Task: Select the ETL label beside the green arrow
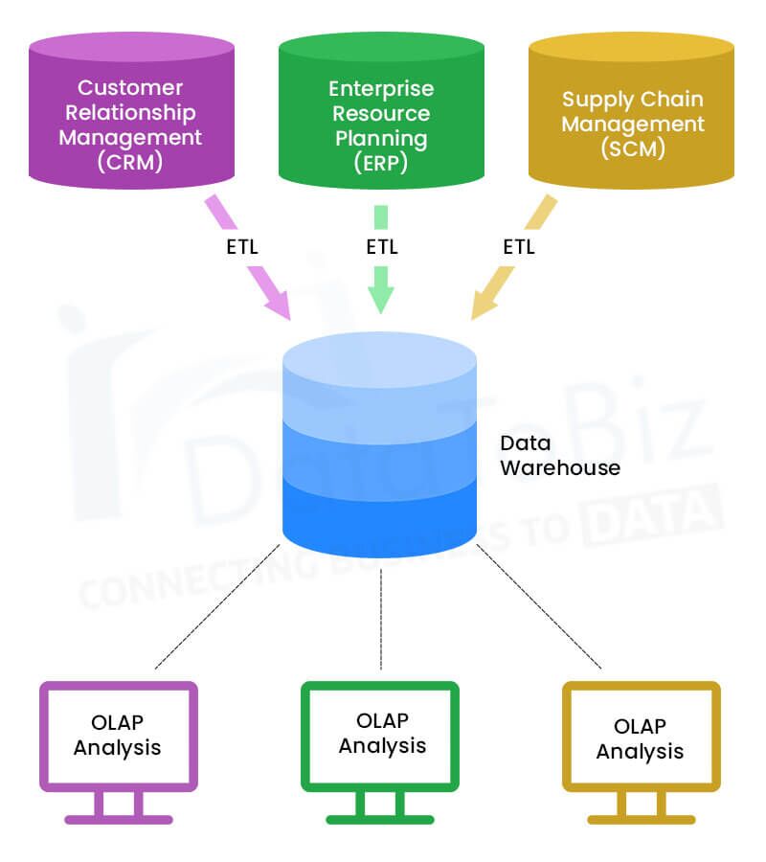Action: [x=382, y=247]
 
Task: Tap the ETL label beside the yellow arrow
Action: [x=519, y=247]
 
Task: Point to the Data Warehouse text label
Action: [x=560, y=456]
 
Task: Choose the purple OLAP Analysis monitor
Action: [x=118, y=743]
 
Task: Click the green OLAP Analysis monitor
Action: [x=381, y=743]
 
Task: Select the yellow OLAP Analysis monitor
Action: [x=640, y=743]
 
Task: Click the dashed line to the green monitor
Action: [x=381, y=619]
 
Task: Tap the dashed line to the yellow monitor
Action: [x=539, y=607]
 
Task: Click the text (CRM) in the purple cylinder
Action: [x=130, y=162]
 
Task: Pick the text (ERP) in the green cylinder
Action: [x=381, y=163]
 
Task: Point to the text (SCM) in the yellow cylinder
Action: [x=632, y=149]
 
